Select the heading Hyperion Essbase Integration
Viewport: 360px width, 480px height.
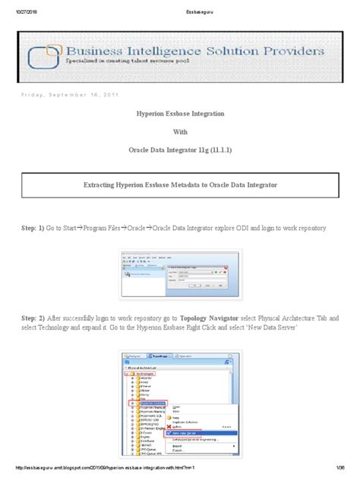pos(179,112)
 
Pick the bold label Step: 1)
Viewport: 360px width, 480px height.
pos(30,229)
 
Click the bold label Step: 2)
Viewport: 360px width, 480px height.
pos(30,314)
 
